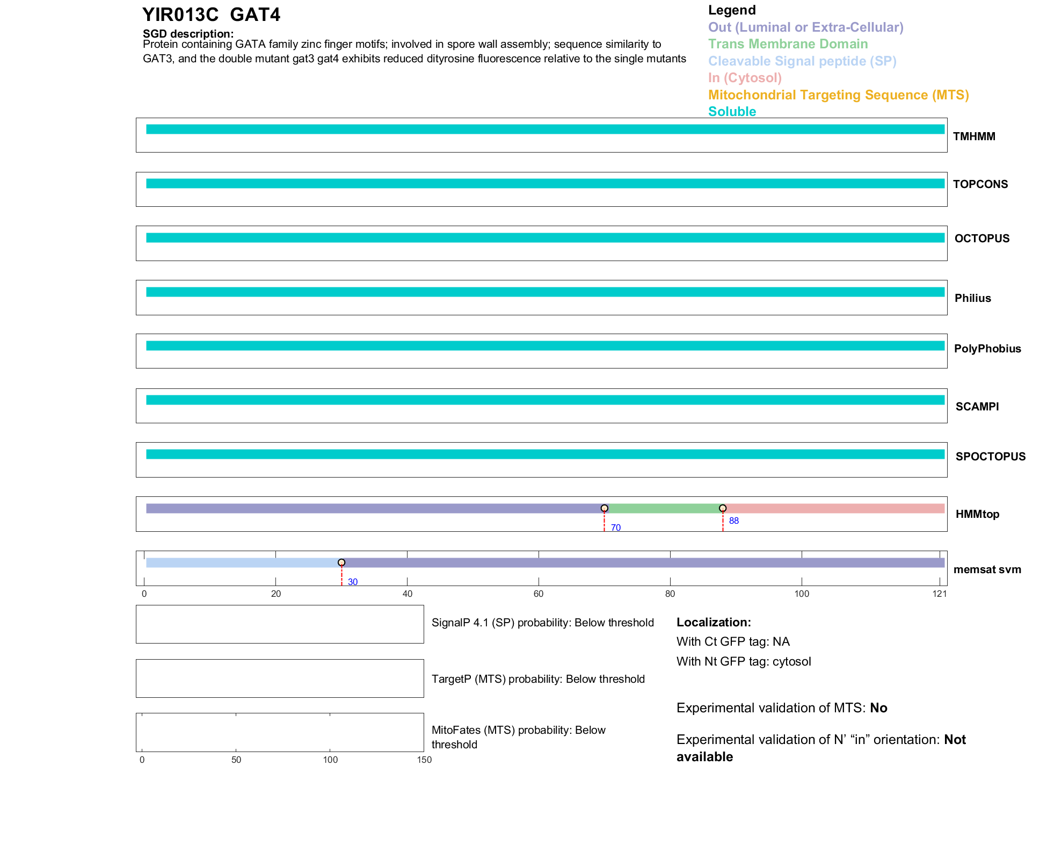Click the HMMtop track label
tap(977, 514)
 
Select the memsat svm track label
tap(987, 569)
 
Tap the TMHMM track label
tap(974, 136)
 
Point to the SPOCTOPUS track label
tap(990, 457)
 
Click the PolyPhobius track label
tap(987, 349)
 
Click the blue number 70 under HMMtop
tap(615, 528)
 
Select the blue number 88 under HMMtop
tap(733, 521)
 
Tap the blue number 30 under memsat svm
tap(352, 582)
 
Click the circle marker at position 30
tap(341, 562)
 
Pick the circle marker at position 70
tap(605, 508)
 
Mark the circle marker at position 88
tap(723, 508)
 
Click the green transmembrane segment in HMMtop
tap(664, 509)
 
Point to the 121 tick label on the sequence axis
tap(940, 594)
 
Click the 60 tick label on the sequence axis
tap(539, 594)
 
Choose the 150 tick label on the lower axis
tap(424, 760)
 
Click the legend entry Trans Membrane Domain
tap(788, 44)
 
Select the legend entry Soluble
tap(732, 112)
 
